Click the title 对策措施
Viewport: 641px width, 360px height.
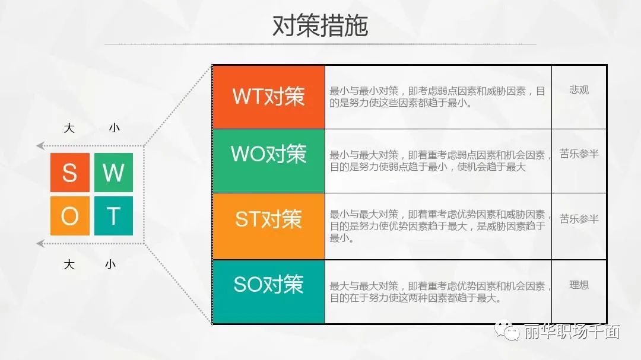tap(320, 26)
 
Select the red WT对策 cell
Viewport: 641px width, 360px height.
tap(269, 97)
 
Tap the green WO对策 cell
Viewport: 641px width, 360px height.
tap(269, 161)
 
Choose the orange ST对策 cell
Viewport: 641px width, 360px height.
tap(269, 227)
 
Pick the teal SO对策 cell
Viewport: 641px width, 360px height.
tap(269, 292)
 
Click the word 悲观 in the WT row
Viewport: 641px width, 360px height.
tap(579, 90)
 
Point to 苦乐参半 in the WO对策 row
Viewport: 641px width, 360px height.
tap(579, 154)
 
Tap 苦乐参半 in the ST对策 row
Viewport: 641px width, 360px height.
tap(579, 219)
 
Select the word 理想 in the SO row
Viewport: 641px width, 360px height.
tap(579, 285)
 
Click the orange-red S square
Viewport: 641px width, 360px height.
tap(70, 173)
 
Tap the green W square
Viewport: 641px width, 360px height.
tap(113, 173)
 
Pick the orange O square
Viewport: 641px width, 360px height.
tap(70, 216)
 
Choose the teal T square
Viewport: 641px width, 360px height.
tap(113, 216)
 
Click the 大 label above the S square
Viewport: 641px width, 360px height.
tap(69, 128)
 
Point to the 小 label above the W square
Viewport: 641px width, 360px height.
tap(114, 128)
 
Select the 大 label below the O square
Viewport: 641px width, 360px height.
tap(69, 265)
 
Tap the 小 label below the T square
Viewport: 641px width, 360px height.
tap(110, 265)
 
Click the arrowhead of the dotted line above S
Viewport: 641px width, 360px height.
tap(40, 145)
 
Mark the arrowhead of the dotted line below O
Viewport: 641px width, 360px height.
tap(40, 244)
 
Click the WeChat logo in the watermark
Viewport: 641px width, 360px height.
tap(507, 330)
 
